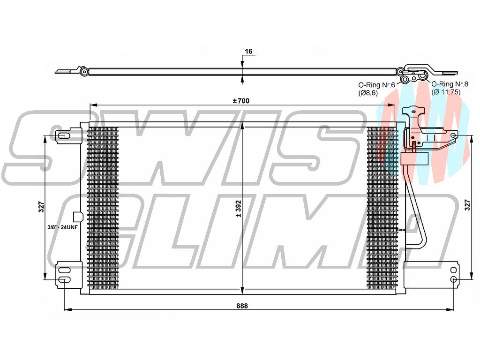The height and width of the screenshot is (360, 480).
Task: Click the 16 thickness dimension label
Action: tap(248, 51)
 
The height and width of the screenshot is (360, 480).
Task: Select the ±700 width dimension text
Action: tap(241, 101)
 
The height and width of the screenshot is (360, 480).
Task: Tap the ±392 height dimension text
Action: tap(239, 209)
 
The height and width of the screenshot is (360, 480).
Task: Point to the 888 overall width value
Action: tap(242, 306)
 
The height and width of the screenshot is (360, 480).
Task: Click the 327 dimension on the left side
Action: tap(41, 207)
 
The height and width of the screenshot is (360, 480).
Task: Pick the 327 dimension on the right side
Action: tap(467, 204)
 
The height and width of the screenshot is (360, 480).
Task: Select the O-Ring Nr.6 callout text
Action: tap(377, 85)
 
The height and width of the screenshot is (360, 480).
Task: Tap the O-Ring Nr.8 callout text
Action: tap(446, 83)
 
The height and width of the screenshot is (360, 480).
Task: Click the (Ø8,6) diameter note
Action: tap(368, 92)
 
